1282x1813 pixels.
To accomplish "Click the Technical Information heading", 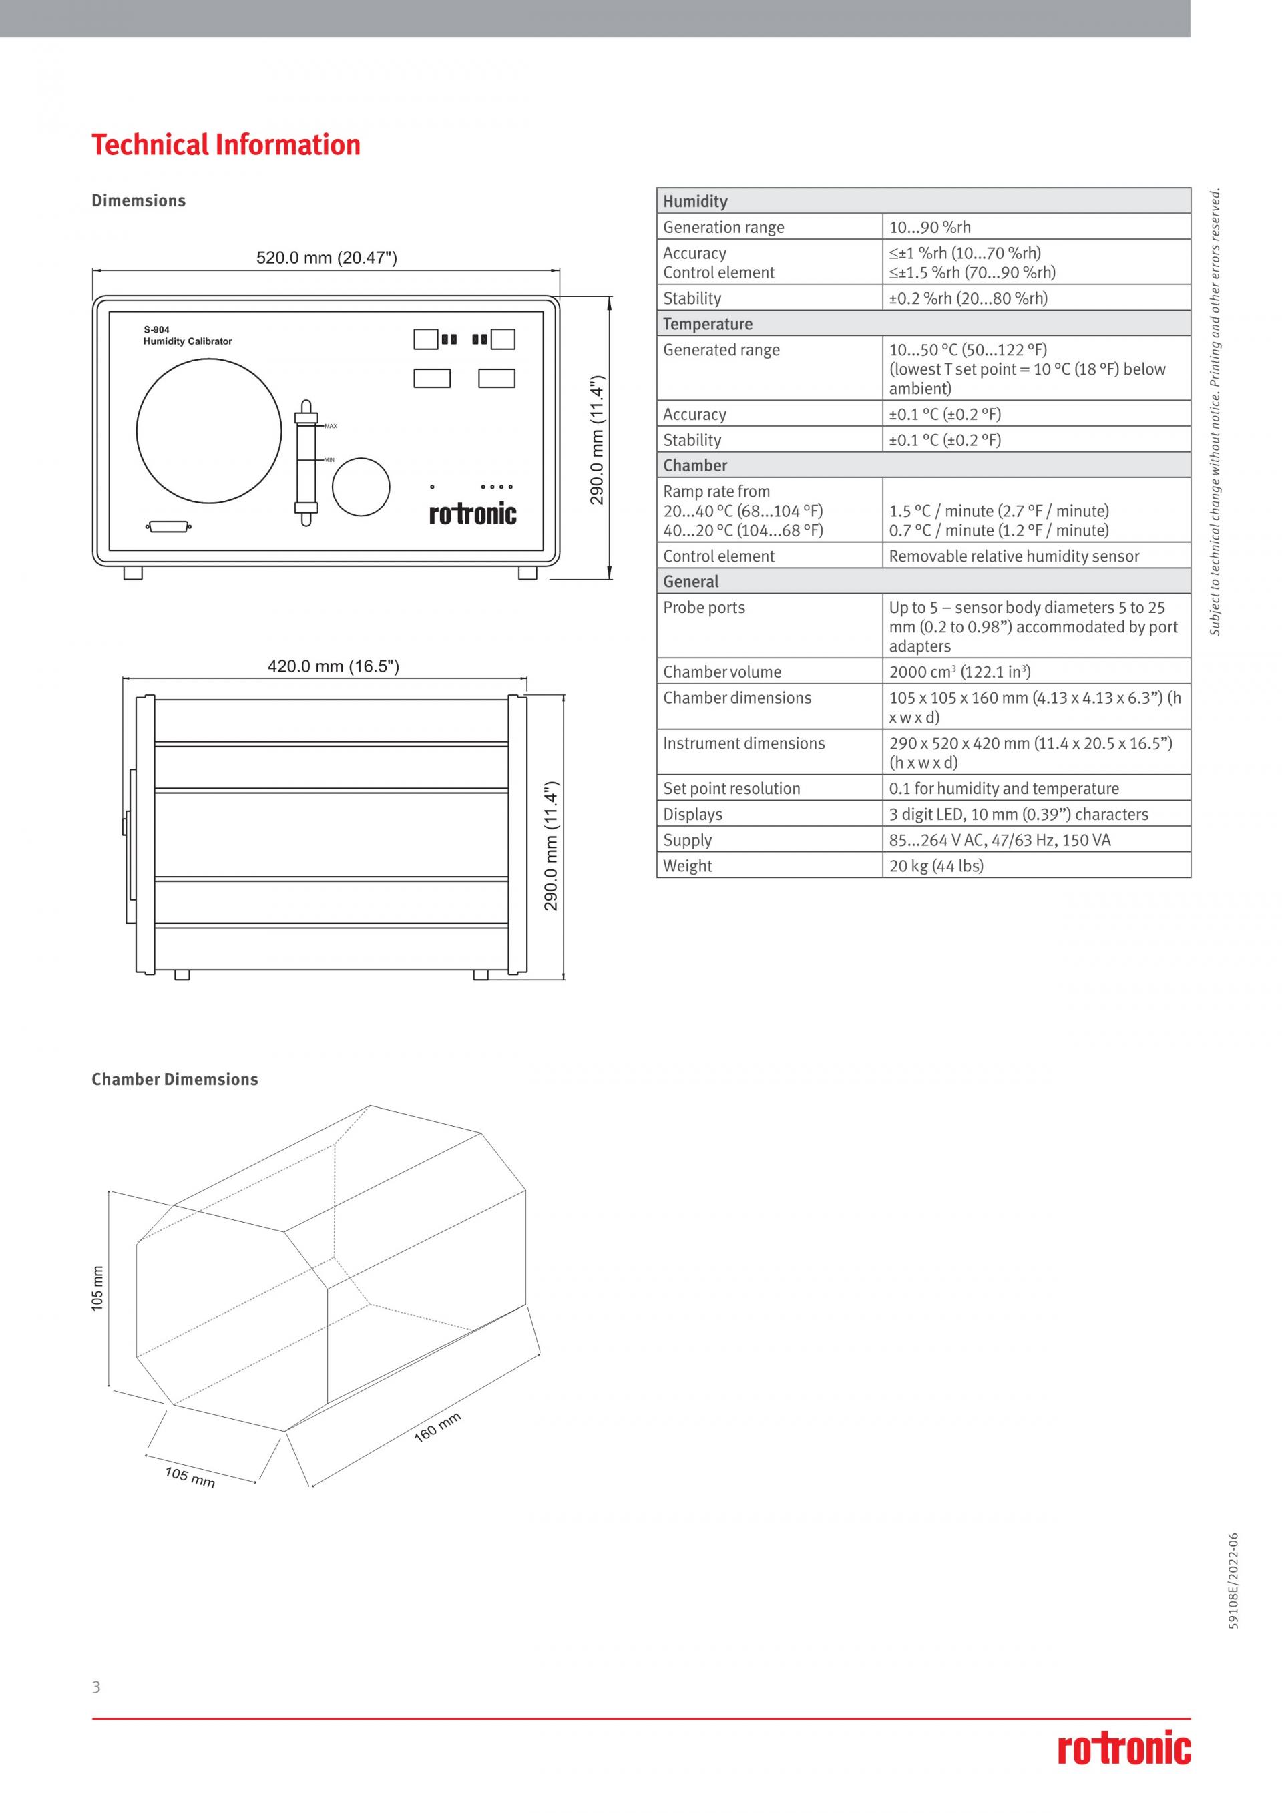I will tap(226, 146).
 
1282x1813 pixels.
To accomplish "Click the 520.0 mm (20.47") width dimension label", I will tap(326, 258).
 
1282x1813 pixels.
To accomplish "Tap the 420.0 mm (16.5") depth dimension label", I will tap(333, 666).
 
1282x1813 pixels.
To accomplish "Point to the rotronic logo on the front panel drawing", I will tap(473, 514).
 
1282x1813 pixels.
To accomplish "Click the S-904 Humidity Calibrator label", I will tap(187, 336).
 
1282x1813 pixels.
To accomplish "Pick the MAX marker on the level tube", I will tap(331, 427).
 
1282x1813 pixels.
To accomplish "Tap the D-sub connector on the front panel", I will tap(169, 526).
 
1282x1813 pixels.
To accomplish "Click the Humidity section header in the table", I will tap(694, 202).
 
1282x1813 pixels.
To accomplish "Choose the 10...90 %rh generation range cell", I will tap(930, 228).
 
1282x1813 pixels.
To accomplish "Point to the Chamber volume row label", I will tap(722, 672).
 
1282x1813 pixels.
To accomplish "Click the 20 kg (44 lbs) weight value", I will tap(936, 866).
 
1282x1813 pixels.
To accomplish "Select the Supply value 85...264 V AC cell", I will tap(1000, 840).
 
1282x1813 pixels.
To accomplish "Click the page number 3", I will tap(96, 1687).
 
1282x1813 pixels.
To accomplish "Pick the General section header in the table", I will tap(690, 582).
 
